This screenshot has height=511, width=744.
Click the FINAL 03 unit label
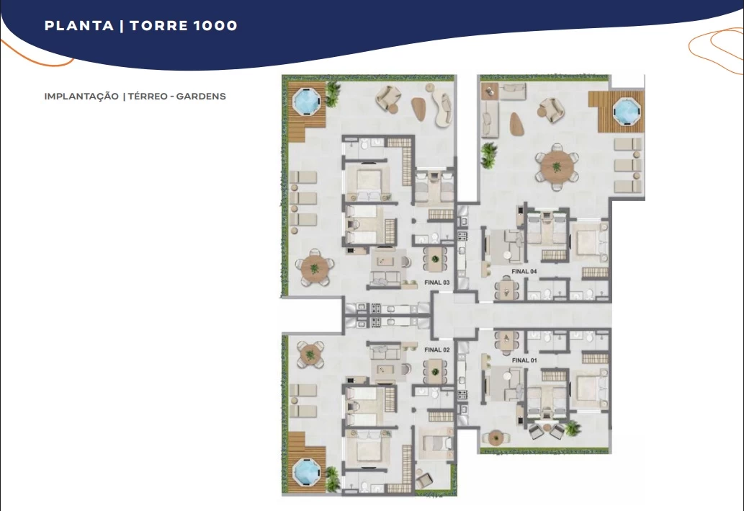pos(436,283)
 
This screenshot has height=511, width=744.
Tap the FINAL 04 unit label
pos(524,272)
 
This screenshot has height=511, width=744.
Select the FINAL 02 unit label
pos(436,350)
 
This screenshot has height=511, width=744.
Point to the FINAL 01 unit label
pos(524,360)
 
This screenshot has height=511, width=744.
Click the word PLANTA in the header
pos(79,26)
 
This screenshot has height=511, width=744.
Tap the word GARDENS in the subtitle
pos(201,97)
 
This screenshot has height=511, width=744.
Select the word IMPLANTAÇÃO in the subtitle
pos(81,97)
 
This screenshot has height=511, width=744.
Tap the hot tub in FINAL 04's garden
pos(627,111)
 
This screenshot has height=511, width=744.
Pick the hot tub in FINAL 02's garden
pos(307,472)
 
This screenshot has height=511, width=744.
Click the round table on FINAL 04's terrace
pos(557,167)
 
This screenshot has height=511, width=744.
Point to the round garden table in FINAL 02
pos(310,355)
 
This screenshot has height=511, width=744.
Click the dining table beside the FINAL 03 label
pos(435,259)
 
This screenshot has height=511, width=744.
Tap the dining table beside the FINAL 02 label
pos(435,371)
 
